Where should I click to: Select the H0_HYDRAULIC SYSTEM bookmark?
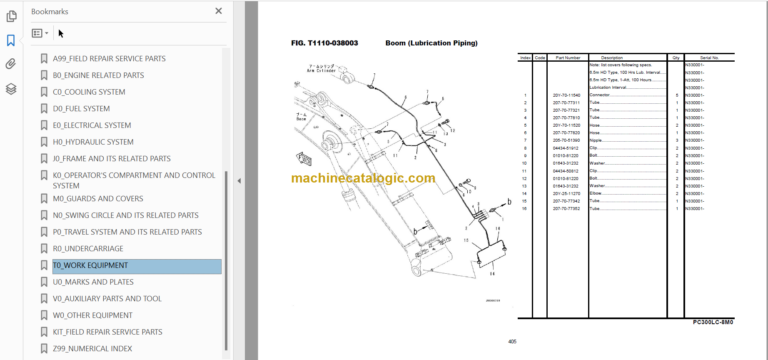[x=92, y=142]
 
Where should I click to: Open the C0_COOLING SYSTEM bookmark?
[x=89, y=92]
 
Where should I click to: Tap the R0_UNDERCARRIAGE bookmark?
[x=89, y=249]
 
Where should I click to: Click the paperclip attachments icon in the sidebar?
[x=11, y=64]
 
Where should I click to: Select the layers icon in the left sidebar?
[x=11, y=89]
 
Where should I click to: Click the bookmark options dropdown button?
[x=40, y=33]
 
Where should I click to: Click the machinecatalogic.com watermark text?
[x=363, y=178]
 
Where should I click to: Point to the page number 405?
[x=513, y=341]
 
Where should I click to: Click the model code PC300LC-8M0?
[x=712, y=322]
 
